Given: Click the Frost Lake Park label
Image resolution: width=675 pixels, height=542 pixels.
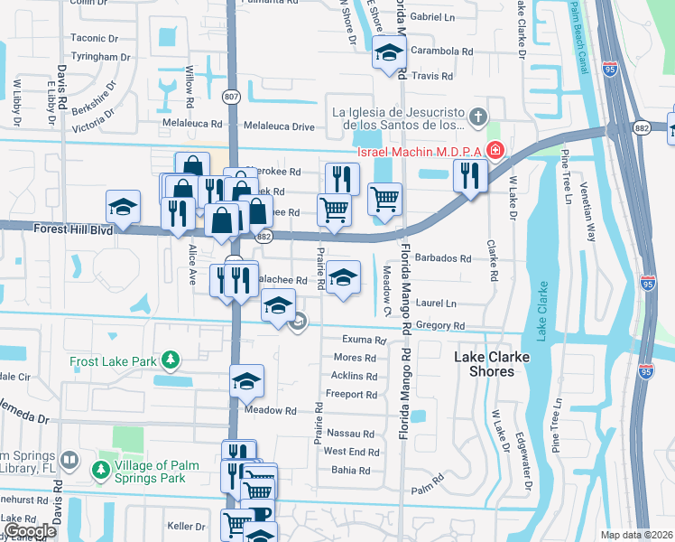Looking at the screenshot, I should [115, 361].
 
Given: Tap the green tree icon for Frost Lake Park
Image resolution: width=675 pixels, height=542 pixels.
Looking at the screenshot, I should [169, 361].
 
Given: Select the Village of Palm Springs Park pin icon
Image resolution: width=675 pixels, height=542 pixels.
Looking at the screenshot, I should [99, 471].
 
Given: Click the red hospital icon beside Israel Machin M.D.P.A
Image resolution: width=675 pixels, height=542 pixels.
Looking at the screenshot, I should [494, 149].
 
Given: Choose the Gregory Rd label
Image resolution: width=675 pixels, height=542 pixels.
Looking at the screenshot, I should [446, 325].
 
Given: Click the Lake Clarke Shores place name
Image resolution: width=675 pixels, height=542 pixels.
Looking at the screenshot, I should [490, 364].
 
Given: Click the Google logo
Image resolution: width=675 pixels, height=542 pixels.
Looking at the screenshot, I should [30, 531].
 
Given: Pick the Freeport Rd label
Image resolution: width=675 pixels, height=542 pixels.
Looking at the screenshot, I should [351, 395].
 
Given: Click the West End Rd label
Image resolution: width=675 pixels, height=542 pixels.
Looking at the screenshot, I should [351, 452].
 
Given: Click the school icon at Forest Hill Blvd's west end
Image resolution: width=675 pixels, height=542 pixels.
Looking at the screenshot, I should [123, 207].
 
